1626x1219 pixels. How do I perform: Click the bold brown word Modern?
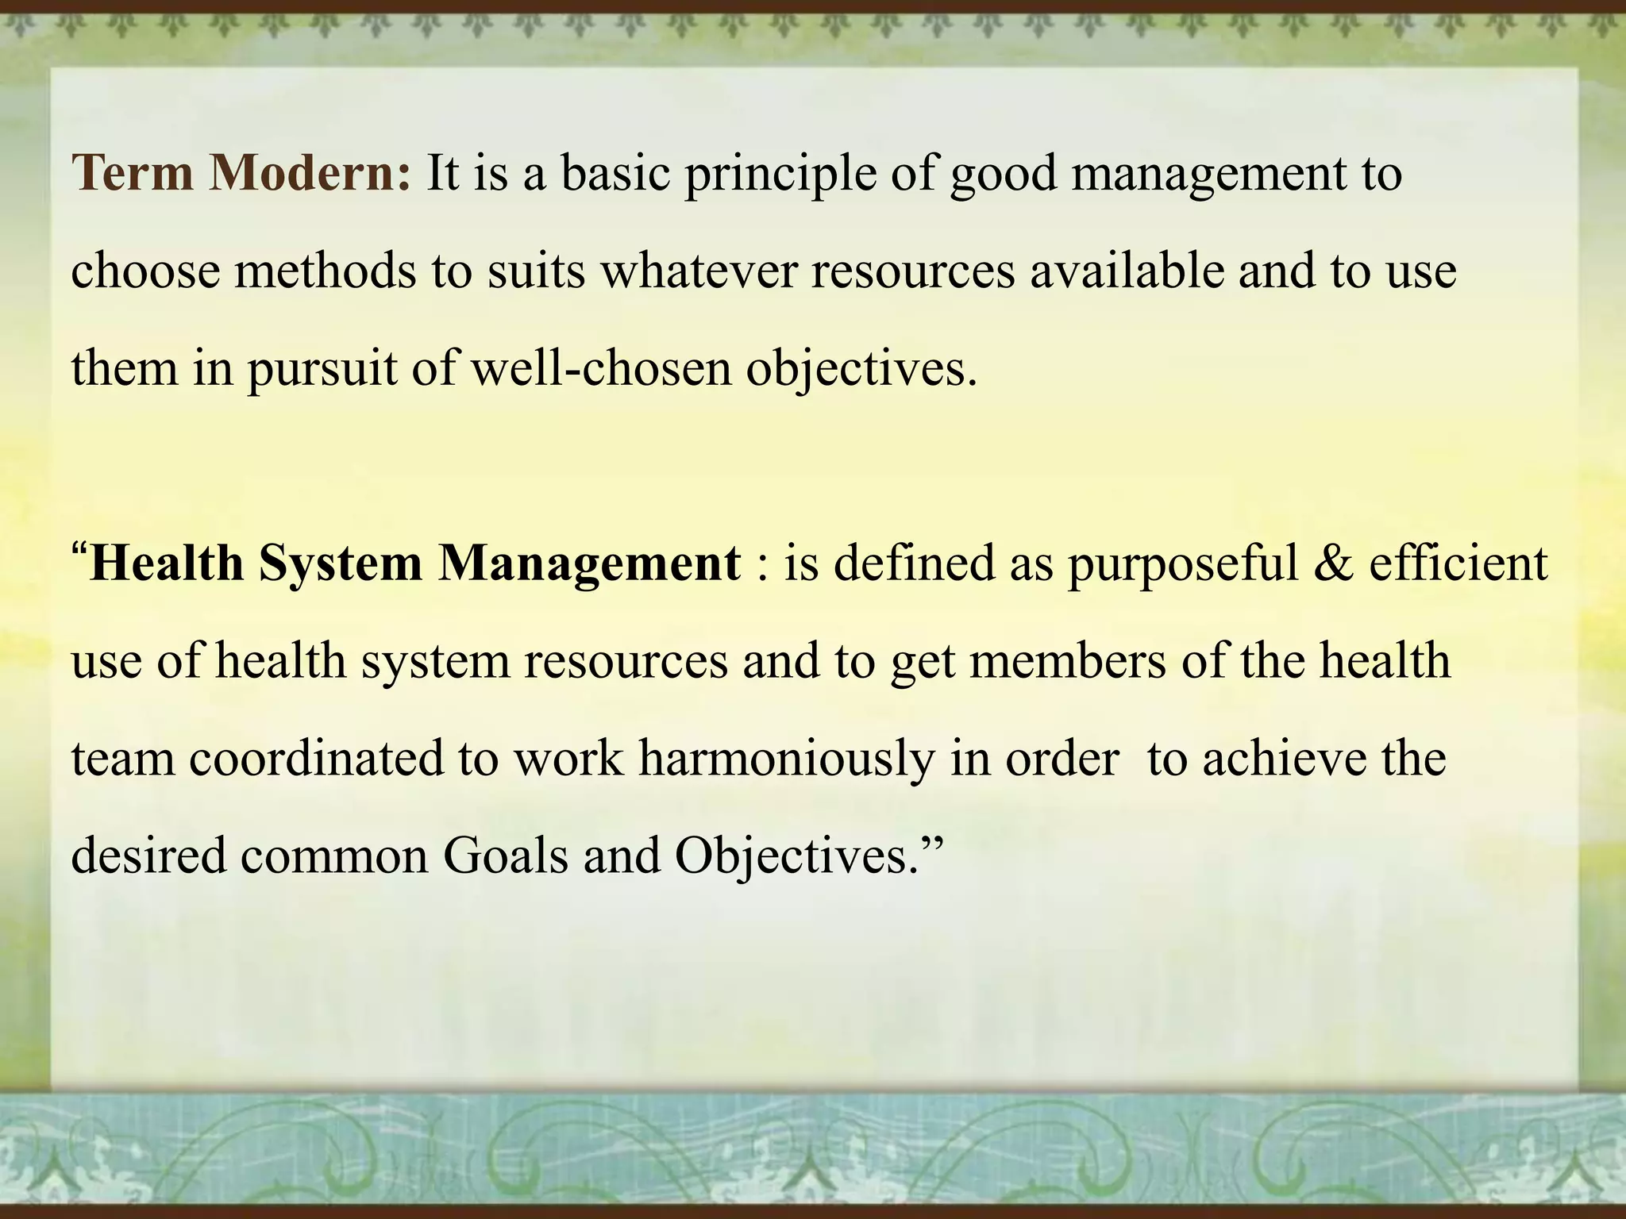310,172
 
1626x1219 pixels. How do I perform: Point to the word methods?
325,271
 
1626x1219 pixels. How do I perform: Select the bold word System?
341,564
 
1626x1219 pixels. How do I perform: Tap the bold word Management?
590,564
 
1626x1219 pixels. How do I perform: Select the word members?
1068,661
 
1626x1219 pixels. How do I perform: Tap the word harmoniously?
787,759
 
